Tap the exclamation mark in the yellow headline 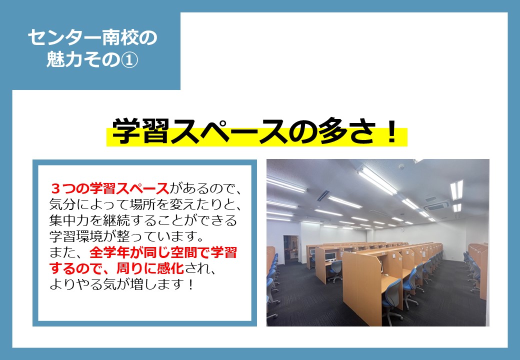tap(392, 131)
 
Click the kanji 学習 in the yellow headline tap(140, 131)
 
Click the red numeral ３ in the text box tap(55, 189)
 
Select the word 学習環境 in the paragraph tap(76, 236)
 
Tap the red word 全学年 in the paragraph tap(109, 252)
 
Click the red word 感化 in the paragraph tap(170, 268)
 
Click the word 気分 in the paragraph tap(62, 205)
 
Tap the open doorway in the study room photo tap(291, 249)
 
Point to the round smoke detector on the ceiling tap(402, 166)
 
